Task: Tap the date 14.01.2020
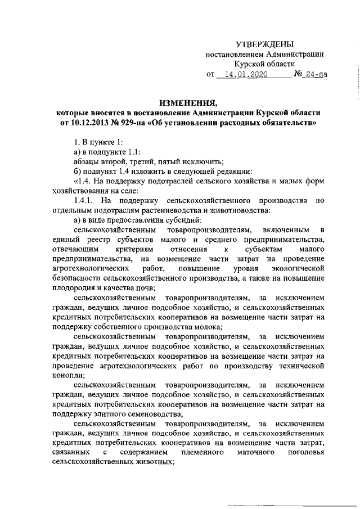[247, 74]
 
